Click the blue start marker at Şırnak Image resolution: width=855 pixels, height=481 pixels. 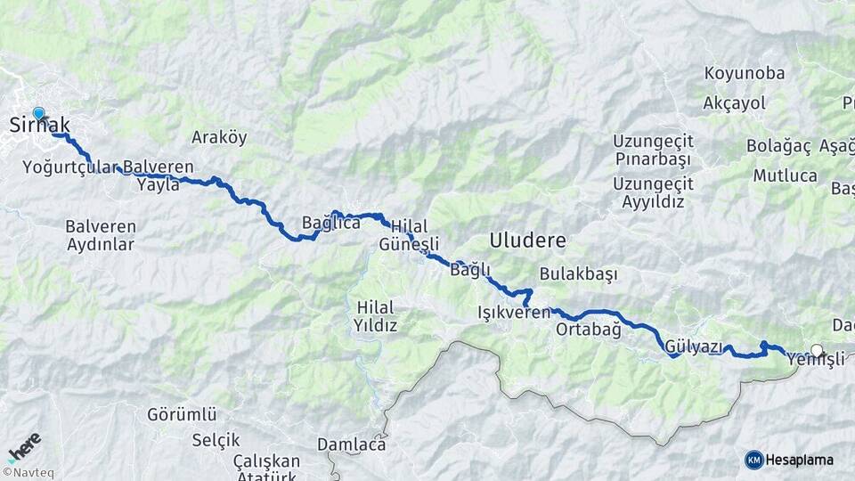point(38,114)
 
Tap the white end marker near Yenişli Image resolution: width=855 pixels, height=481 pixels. point(817,351)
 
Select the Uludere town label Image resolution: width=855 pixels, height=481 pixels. point(526,240)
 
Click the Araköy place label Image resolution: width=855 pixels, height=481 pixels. point(219,138)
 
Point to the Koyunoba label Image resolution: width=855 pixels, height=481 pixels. point(744,72)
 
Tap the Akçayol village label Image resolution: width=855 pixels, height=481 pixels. point(735,103)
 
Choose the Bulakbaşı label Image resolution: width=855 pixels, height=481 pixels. point(578,274)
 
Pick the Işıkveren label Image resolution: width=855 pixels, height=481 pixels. point(514,313)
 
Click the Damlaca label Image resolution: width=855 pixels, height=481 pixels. point(353,444)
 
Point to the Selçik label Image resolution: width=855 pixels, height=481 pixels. point(216,440)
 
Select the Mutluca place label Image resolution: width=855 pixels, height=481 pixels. point(785,175)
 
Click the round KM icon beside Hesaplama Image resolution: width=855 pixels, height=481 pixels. point(754,460)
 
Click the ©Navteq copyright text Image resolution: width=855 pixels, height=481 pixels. point(28,473)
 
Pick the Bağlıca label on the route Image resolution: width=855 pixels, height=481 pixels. point(330,223)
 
